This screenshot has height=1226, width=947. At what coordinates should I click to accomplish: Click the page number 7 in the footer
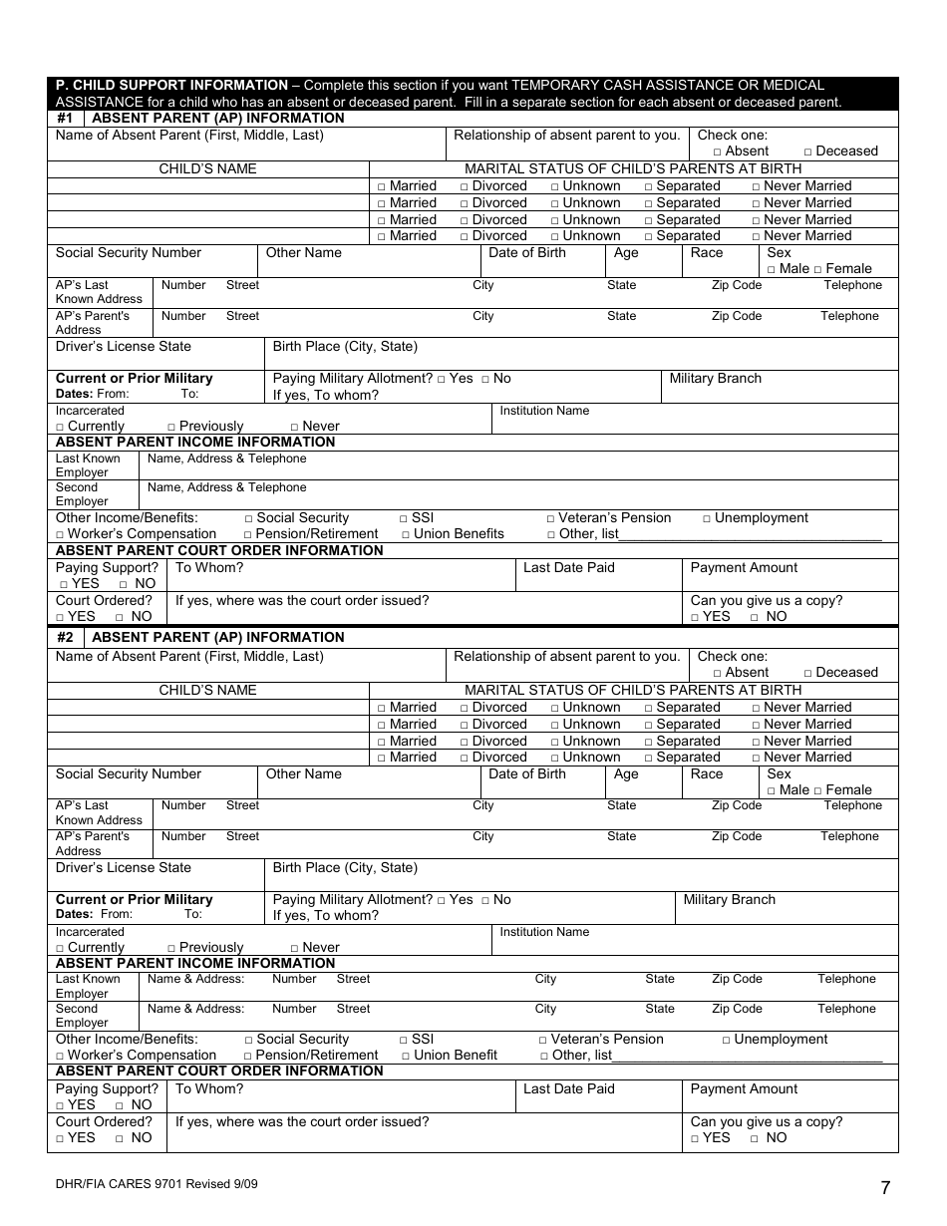[885, 1187]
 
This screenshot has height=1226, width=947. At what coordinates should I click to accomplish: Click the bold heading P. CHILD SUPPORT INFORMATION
[171, 86]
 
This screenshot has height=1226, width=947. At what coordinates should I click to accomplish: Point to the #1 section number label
[65, 119]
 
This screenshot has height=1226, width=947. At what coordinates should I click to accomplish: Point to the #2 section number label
[65, 638]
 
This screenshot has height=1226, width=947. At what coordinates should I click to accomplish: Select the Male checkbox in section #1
[771, 270]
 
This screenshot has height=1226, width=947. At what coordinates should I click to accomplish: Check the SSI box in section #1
[404, 519]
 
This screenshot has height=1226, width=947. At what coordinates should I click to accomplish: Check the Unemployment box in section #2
[726, 1041]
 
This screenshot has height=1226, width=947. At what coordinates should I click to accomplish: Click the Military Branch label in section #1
[715, 379]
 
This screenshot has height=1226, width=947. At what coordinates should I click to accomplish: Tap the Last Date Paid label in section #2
[568, 1089]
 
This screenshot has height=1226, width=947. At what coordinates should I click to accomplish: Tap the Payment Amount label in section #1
[744, 568]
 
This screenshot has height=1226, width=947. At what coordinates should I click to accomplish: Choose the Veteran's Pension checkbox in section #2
[543, 1041]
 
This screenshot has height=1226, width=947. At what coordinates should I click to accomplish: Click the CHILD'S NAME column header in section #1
[207, 169]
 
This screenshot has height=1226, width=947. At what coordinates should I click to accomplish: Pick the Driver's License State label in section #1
[123, 347]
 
